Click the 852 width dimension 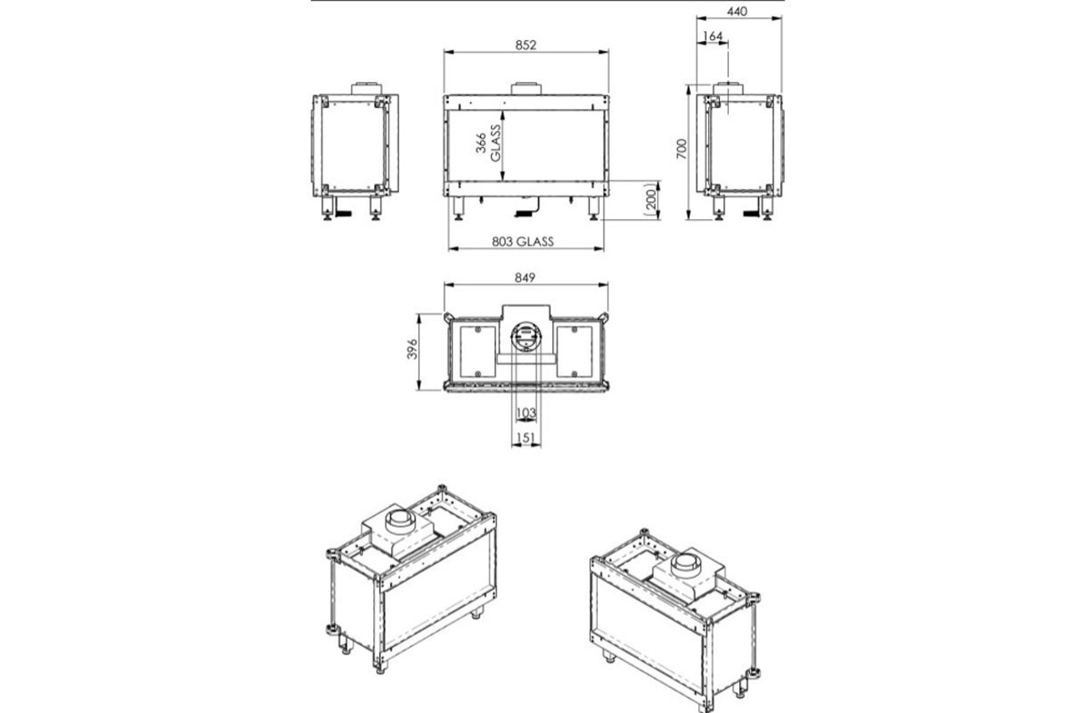tap(525, 46)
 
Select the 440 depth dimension tap(736, 11)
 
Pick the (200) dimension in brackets tap(652, 201)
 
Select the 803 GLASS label tap(523, 242)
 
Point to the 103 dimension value tap(525, 414)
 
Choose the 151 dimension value tap(525, 437)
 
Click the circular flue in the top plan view tap(525, 337)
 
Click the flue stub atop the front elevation tap(525, 89)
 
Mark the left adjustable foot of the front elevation tap(459, 210)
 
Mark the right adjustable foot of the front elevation tap(593, 210)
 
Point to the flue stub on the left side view tap(365, 88)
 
